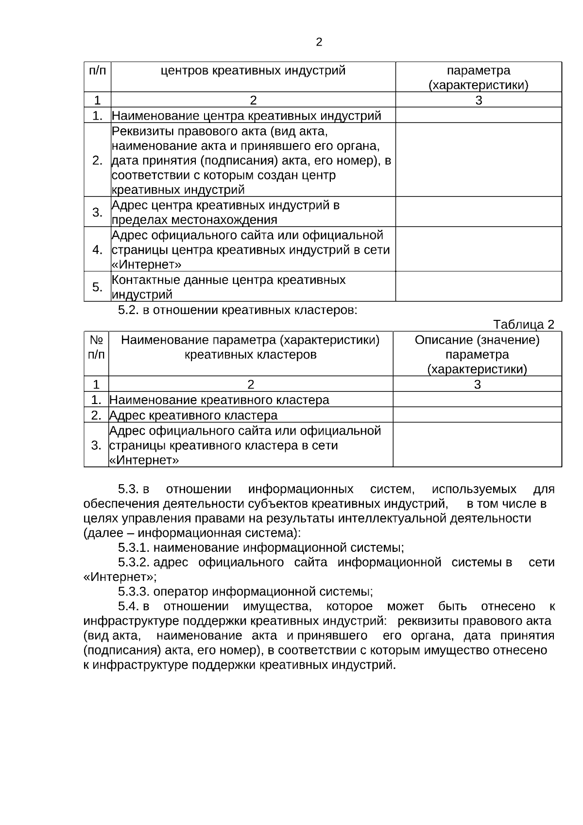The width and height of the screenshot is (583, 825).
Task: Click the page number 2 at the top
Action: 319,42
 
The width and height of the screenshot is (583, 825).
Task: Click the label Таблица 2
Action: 523,324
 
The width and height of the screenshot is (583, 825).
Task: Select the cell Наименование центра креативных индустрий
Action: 246,116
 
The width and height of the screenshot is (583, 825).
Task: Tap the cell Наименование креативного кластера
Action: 219,400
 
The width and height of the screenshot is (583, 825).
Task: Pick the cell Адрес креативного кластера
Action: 193,415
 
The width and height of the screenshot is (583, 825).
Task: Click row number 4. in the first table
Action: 97,250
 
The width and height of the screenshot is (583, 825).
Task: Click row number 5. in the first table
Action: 97,287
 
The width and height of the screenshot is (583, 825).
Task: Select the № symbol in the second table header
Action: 96,340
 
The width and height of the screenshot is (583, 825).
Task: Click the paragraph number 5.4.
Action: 129,606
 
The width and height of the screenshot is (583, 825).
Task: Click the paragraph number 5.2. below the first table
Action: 129,310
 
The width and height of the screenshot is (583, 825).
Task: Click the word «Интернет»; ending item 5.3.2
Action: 120,577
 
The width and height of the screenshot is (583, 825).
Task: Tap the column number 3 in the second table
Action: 477,384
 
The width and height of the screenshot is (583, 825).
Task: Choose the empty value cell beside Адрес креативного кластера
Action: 477,415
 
